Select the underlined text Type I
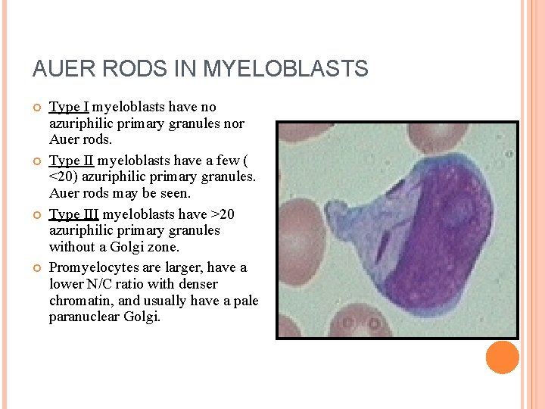click(x=69, y=107)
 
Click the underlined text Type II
click(x=72, y=161)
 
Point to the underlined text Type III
click(x=74, y=214)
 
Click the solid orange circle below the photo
click(x=502, y=357)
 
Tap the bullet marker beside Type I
click(x=36, y=108)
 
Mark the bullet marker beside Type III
click(x=36, y=215)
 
